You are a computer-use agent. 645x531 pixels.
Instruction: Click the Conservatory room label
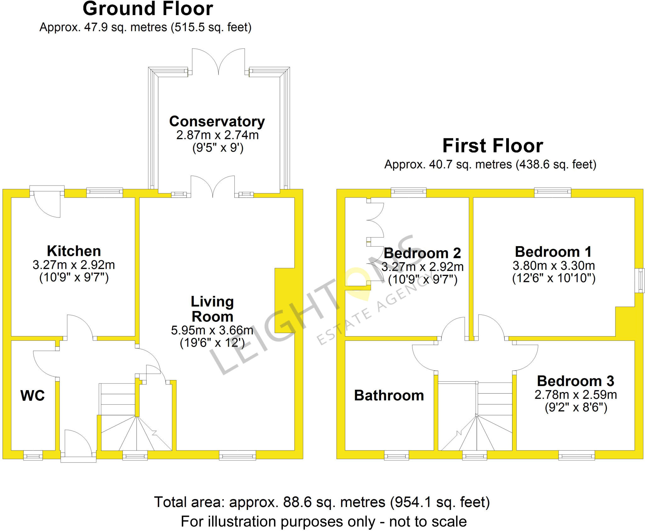tap(217, 122)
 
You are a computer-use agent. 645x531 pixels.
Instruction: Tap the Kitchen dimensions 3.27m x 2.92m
tap(74, 265)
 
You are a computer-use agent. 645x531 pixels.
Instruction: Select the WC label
tap(32, 395)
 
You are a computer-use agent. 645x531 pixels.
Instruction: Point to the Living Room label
tap(212, 309)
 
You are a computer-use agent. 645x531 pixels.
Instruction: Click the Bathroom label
tap(389, 395)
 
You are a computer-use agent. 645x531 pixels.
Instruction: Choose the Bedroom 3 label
tap(575, 381)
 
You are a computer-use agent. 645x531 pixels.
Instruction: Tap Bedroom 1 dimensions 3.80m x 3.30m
tap(554, 266)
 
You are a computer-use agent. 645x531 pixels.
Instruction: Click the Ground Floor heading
tap(148, 9)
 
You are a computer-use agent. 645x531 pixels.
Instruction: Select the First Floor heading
tap(493, 146)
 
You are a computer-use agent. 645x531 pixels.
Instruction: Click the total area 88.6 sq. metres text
tap(322, 502)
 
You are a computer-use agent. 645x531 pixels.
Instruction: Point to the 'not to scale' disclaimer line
tap(323, 522)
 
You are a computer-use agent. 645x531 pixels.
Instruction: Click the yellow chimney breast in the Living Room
tap(285, 300)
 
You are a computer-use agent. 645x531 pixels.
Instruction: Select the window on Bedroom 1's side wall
tap(640, 280)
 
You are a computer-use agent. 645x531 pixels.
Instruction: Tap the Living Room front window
tap(237, 455)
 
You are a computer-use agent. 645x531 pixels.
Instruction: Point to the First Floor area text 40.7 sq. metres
tap(490, 164)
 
